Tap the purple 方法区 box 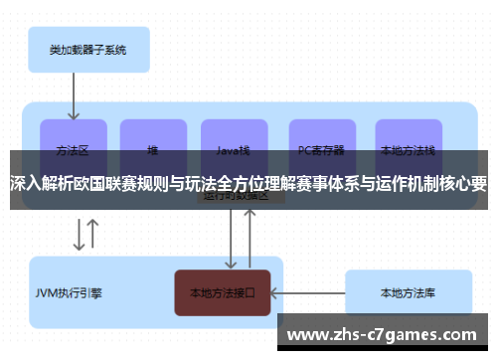point(74,144)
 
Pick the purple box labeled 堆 point(153,144)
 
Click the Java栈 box point(234,144)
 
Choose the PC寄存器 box point(321,144)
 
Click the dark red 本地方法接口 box point(223,292)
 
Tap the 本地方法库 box point(408,292)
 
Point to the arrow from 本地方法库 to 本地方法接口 point(307,292)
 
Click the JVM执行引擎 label point(69,293)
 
